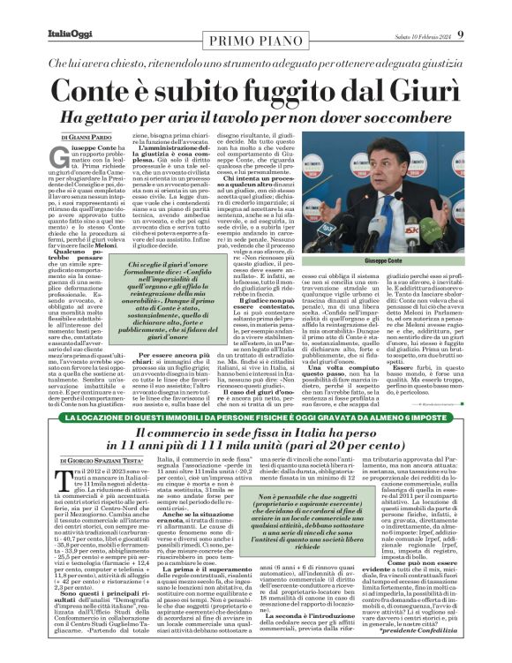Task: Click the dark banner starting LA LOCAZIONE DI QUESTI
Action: [x=256, y=417]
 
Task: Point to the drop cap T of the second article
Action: [x=64, y=490]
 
